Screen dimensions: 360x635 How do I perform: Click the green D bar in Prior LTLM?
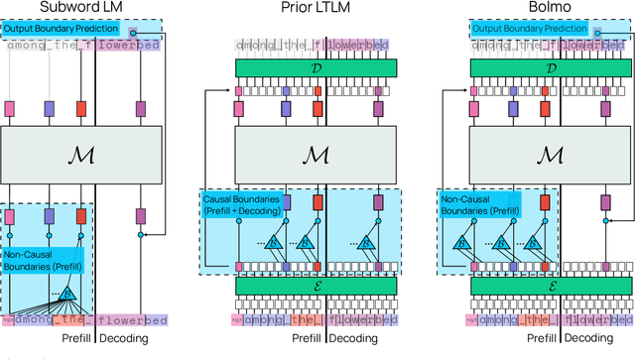click(x=316, y=66)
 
